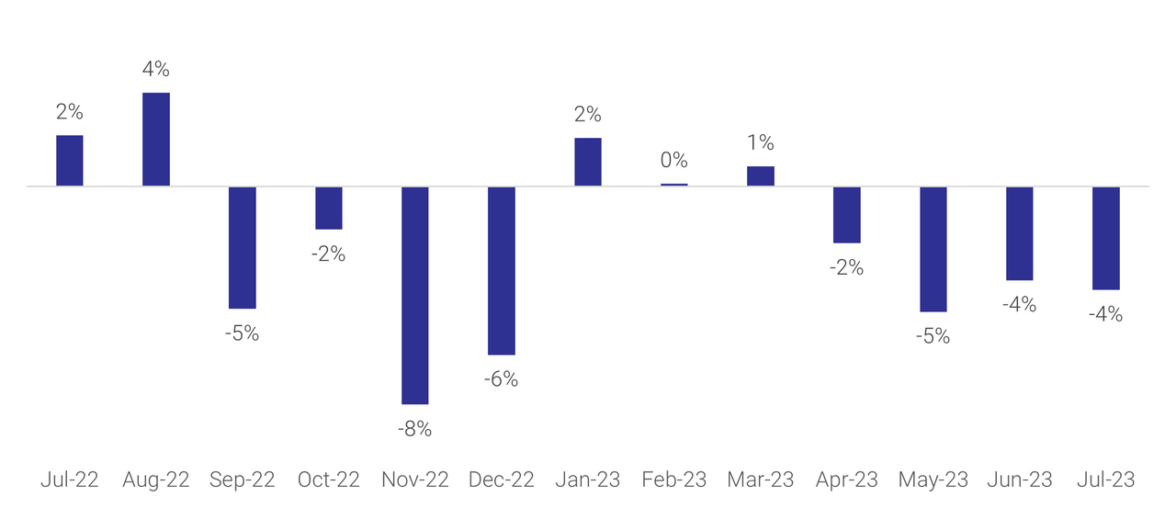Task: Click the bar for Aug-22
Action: click(156, 140)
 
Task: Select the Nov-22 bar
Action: click(415, 295)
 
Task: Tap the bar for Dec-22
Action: click(502, 270)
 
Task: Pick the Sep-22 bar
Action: click(243, 247)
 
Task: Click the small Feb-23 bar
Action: click(673, 185)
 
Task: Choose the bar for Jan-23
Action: click(588, 162)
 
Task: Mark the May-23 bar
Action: click(933, 249)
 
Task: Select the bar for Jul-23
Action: click(1106, 238)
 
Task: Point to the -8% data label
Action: click(414, 429)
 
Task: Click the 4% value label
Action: click(156, 69)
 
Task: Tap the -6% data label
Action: click(501, 378)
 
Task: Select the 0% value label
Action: click(673, 161)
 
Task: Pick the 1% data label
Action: click(760, 143)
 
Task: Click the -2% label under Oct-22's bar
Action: click(328, 254)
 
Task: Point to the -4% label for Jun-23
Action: click(1019, 304)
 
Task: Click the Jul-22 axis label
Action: click(70, 480)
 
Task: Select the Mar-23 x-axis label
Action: click(760, 480)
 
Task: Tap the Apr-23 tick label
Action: click(847, 480)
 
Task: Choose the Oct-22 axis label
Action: click(328, 480)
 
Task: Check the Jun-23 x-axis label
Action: click(1019, 480)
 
